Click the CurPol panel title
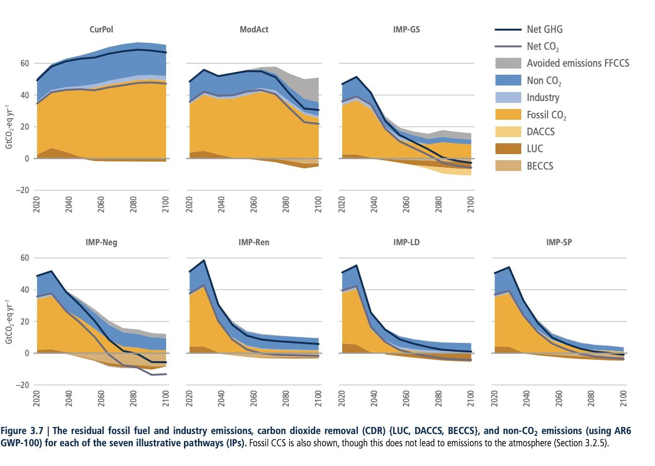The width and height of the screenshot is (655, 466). (101, 29)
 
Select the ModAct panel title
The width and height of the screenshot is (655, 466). (254, 29)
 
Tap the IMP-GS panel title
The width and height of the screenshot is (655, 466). (406, 29)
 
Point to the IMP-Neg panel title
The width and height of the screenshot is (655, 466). (101, 242)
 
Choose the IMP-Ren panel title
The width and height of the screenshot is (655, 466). (254, 242)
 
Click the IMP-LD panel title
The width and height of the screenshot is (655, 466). (406, 242)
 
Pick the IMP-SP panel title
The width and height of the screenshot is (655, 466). (559, 242)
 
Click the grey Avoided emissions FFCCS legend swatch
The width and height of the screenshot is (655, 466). (508, 63)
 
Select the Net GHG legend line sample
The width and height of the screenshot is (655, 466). (508, 30)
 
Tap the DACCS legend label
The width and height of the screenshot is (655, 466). (541, 132)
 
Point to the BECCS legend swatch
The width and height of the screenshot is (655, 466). (508, 166)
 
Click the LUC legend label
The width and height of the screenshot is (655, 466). (535, 149)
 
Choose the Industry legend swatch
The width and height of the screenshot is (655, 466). (508, 98)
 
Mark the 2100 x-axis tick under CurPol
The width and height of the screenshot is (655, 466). (166, 204)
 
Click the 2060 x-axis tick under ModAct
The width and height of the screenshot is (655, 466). (254, 204)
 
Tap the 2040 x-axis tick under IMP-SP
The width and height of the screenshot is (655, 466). (526, 399)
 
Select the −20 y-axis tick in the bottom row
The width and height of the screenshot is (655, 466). (22, 385)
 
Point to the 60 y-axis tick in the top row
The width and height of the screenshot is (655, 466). (24, 63)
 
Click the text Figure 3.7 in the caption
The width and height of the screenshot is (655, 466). (22, 431)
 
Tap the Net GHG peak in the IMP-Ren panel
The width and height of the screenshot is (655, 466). (204, 260)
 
